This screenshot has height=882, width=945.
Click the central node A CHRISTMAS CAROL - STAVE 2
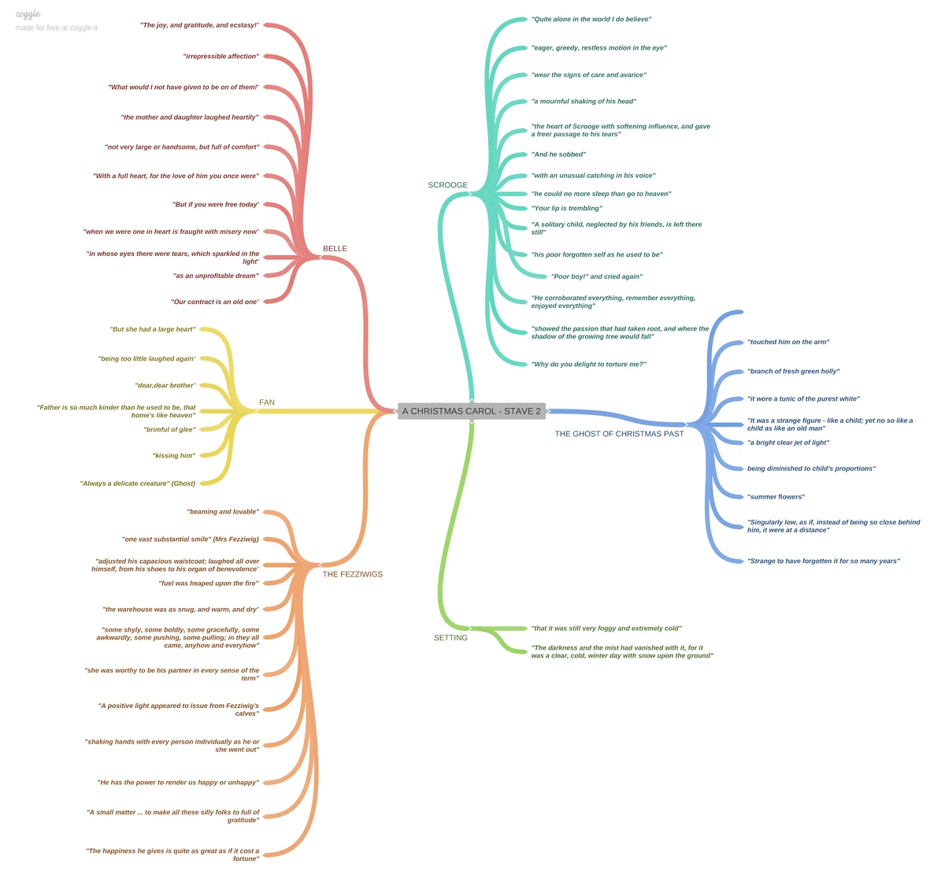tap(471, 411)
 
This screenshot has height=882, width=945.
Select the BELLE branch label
tap(335, 249)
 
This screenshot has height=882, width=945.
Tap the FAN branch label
tap(267, 402)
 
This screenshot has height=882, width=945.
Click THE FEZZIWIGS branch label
tap(352, 574)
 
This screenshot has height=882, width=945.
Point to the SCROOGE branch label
tap(447, 185)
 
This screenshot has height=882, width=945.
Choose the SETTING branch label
tap(450, 638)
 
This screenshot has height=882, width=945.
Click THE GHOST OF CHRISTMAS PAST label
tap(619, 434)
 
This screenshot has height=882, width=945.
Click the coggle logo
tap(28, 13)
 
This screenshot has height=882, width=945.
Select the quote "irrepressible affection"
tap(220, 57)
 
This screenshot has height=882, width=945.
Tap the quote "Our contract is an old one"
tap(215, 302)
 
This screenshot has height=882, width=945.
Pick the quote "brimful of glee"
tap(169, 430)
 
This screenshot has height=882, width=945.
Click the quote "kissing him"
tap(173, 456)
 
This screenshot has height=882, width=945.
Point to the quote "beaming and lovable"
tap(223, 512)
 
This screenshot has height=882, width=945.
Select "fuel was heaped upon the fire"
tap(209, 584)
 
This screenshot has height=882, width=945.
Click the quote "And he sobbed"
tap(559, 154)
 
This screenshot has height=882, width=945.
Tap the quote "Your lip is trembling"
tap(567, 209)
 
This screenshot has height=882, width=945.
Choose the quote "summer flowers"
tap(776, 497)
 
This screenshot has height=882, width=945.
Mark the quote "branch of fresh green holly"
tap(793, 371)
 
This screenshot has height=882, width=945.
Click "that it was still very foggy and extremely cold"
tap(606, 628)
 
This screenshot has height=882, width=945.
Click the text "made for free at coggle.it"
tap(57, 28)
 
